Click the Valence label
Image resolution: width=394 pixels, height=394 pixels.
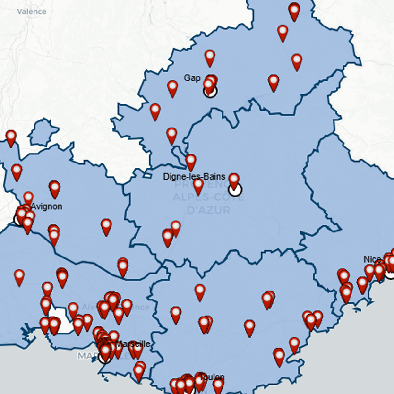click(x=32, y=11)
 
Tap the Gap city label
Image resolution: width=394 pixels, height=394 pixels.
click(x=192, y=78)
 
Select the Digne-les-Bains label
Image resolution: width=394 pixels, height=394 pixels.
click(x=194, y=177)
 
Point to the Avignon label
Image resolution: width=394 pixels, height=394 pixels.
click(x=46, y=206)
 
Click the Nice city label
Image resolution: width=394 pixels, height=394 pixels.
click(x=372, y=259)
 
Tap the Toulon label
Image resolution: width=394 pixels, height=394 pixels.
click(x=212, y=377)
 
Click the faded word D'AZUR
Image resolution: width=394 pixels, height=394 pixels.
click(x=209, y=210)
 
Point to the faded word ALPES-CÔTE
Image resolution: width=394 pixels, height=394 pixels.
click(x=208, y=197)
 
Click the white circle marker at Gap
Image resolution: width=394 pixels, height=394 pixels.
click(x=210, y=91)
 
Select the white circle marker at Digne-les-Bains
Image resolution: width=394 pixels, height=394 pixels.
click(x=234, y=189)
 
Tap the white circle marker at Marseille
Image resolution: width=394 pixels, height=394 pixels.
click(x=105, y=357)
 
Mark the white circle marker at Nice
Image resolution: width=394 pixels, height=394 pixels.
click(x=390, y=273)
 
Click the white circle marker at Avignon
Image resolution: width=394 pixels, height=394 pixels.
click(x=20, y=219)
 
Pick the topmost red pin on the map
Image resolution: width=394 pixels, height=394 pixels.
click(x=294, y=11)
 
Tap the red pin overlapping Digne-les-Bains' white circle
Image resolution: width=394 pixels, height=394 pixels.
click(x=234, y=180)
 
